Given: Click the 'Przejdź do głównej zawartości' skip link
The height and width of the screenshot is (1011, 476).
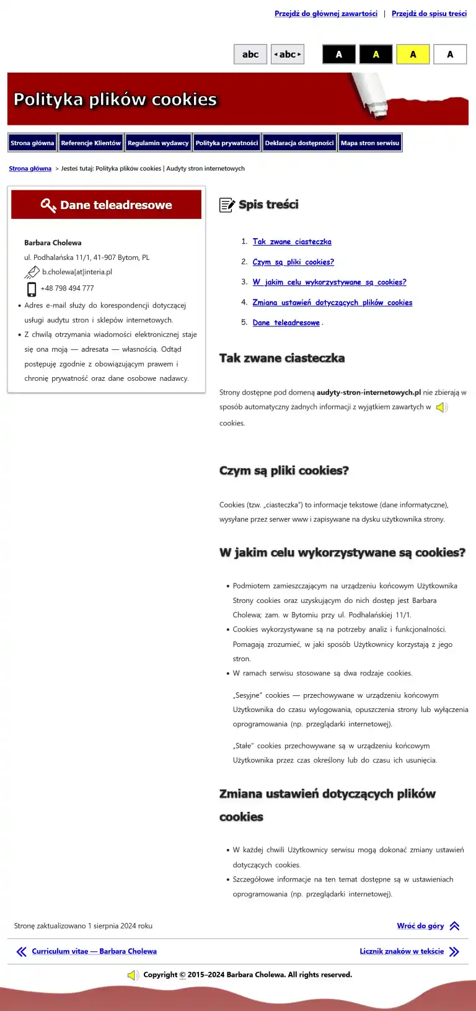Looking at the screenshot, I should click(325, 14).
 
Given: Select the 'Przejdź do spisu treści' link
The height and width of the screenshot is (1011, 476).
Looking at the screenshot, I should click(429, 14).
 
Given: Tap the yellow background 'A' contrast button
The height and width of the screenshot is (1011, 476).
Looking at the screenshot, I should click(413, 55).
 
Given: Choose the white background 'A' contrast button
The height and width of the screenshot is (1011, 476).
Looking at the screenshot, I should click(450, 55).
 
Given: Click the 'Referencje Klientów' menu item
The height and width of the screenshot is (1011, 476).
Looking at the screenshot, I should click(90, 143).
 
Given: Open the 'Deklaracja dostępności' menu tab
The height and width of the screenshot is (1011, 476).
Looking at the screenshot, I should click(299, 143).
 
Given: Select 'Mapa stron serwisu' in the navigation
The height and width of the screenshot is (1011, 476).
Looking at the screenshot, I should click(370, 143).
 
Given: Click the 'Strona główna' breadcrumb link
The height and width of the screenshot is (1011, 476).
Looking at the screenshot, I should click(30, 169).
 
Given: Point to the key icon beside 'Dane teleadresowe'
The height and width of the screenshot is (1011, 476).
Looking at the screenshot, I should click(48, 205).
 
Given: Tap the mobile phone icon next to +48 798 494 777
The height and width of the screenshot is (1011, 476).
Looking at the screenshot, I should click(32, 288).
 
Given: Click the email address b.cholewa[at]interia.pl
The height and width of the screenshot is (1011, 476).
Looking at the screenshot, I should click(77, 272).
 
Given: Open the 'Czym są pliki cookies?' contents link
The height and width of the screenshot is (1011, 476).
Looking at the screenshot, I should click(293, 262).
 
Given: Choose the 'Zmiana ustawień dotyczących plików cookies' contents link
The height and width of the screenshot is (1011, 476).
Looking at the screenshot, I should click(332, 303).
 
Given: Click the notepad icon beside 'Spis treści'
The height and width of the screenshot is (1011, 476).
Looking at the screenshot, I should click(227, 205).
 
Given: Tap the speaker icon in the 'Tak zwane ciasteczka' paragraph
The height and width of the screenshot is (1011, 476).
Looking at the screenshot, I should click(442, 408).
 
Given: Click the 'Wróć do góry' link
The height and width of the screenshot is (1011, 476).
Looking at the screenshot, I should click(420, 926).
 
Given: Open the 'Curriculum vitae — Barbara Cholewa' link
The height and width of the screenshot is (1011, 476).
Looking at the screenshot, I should click(94, 951).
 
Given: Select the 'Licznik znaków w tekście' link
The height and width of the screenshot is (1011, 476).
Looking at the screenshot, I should click(402, 951).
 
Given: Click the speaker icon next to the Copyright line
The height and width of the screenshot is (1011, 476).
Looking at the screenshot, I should click(133, 975).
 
